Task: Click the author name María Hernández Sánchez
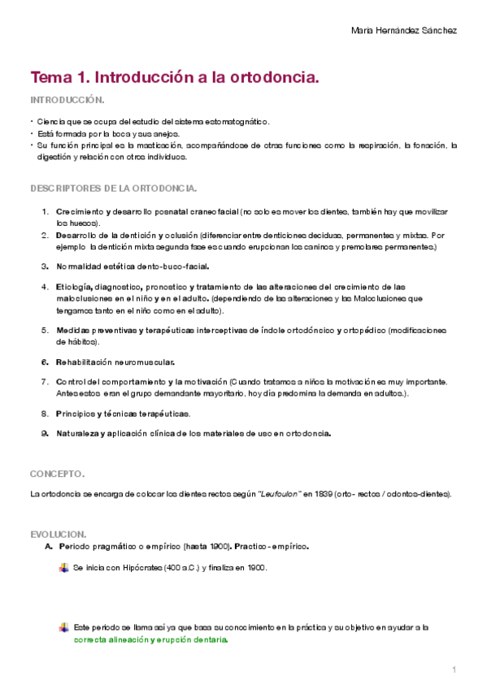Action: click(403, 30)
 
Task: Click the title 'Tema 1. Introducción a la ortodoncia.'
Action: click(173, 78)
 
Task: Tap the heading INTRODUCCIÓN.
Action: click(67, 100)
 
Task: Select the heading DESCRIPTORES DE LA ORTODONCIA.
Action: click(113, 188)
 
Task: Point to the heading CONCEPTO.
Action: click(57, 473)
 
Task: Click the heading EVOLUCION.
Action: click(58, 534)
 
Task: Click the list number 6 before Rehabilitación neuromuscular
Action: click(45, 362)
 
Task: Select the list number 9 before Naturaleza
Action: click(45, 434)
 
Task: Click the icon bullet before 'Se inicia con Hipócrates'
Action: click(64, 568)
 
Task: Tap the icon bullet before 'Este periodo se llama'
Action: click(64, 627)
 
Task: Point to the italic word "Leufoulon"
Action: click(279, 494)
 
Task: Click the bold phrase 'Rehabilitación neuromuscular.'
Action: click(115, 362)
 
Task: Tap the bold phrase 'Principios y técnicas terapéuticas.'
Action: click(124, 414)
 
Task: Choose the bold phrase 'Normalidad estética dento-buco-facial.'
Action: click(133, 266)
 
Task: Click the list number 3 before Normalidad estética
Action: click(45, 266)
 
